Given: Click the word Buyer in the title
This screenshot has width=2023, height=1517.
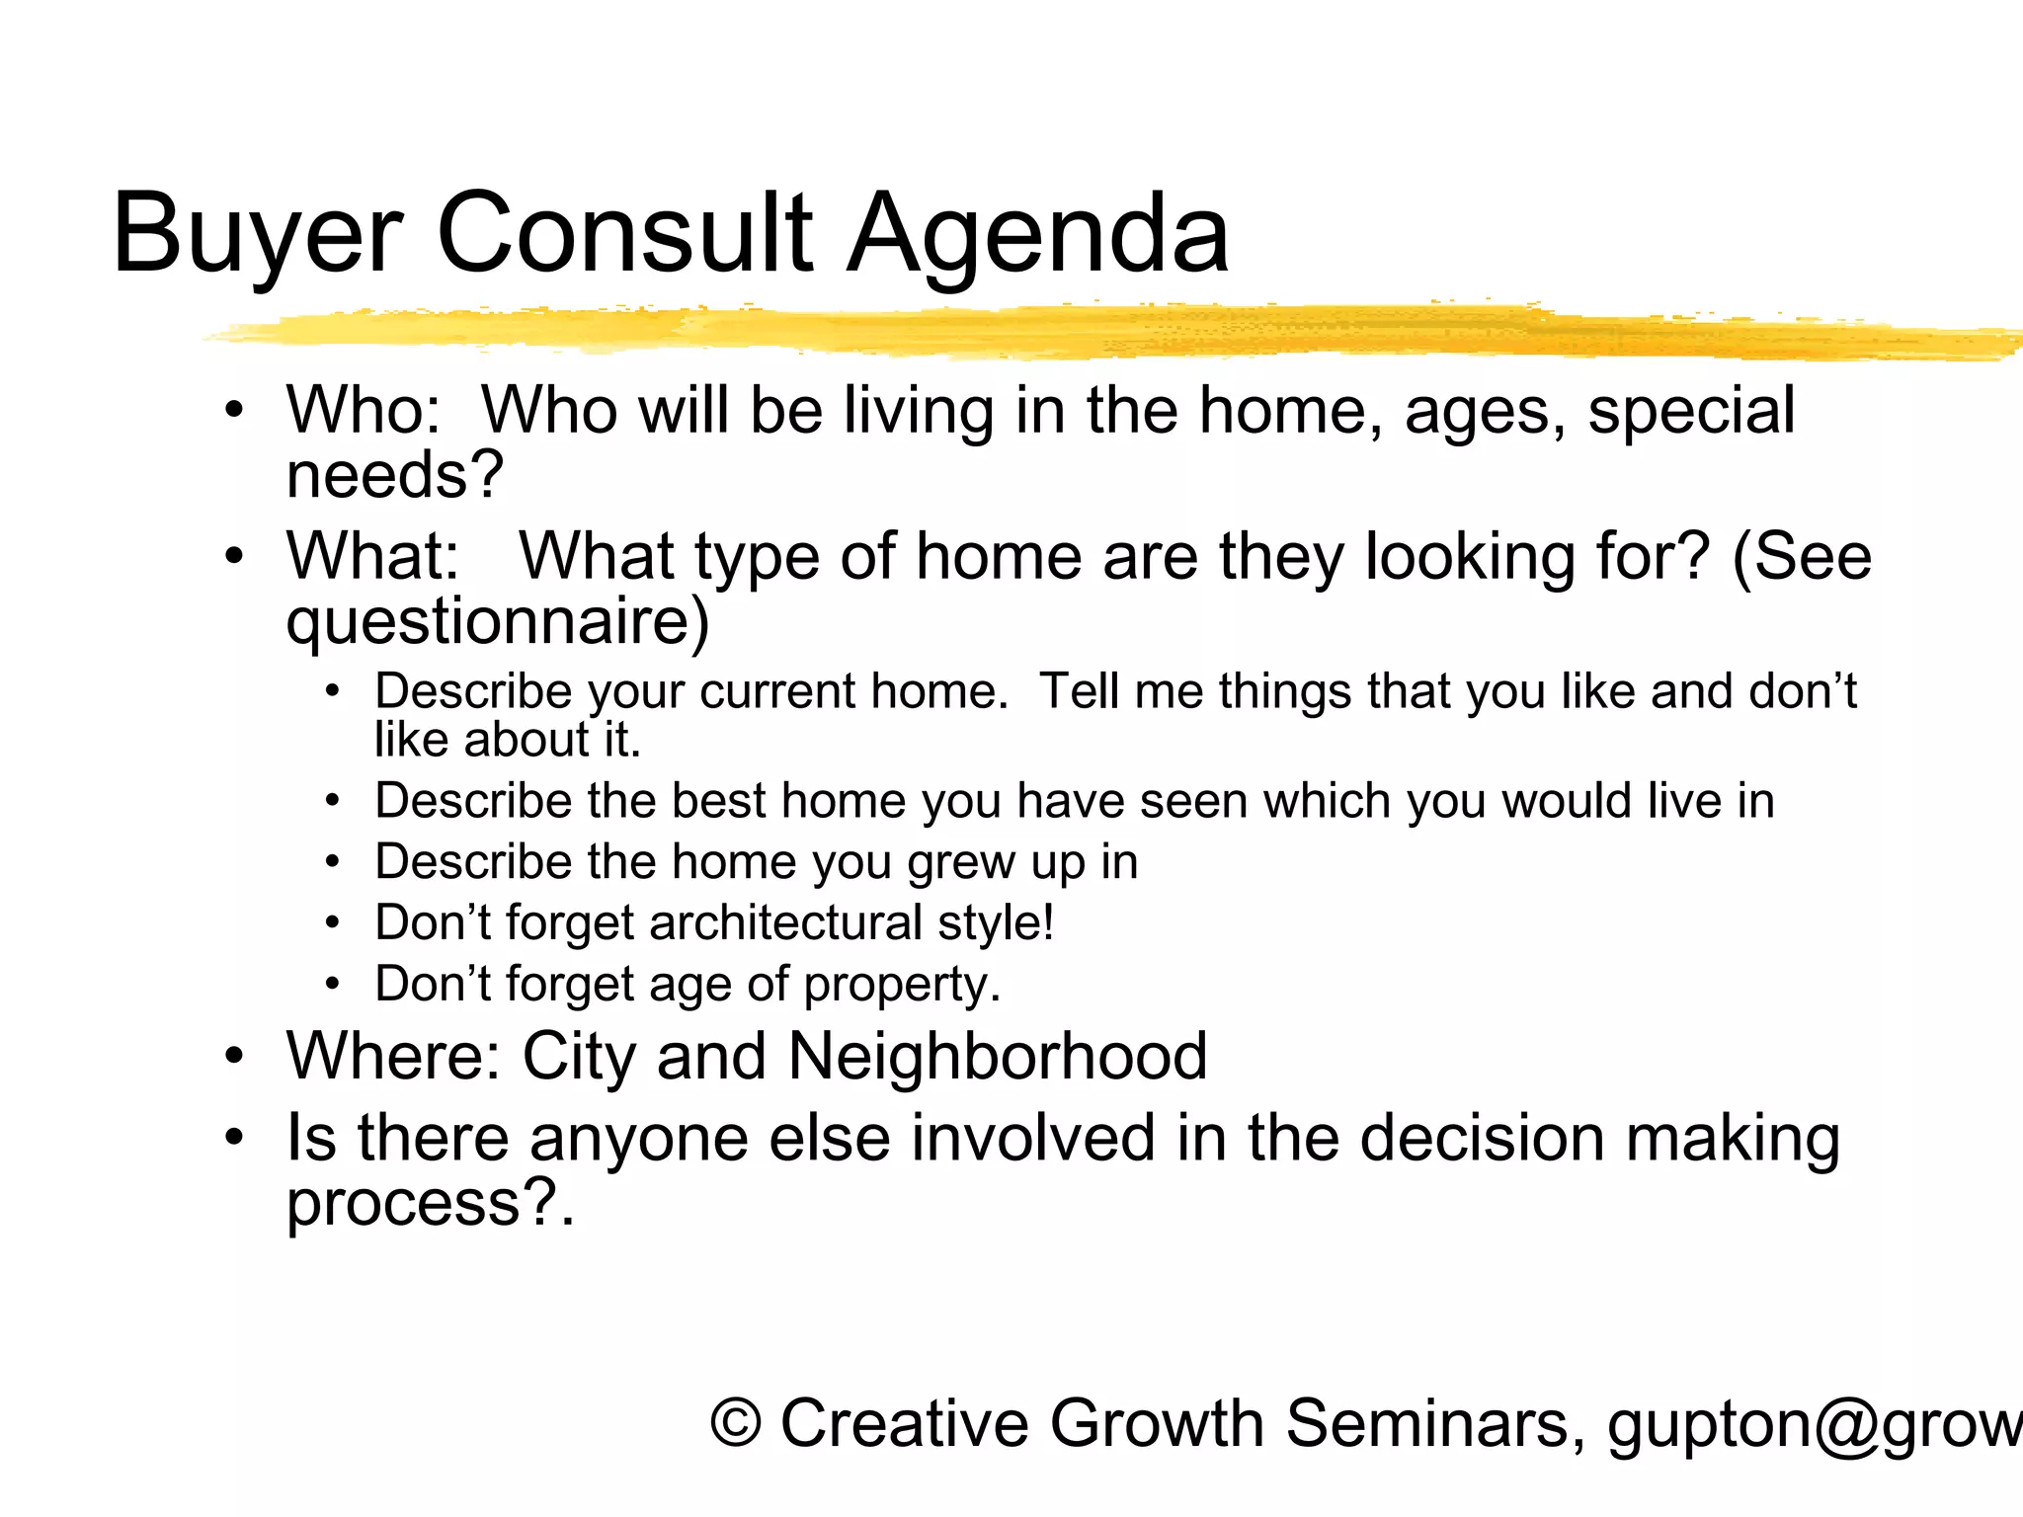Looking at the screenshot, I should click(x=257, y=235).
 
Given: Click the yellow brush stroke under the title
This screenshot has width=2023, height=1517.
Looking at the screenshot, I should click(x=1087, y=332).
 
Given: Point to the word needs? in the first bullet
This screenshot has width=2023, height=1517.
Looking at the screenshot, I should click(x=395, y=475).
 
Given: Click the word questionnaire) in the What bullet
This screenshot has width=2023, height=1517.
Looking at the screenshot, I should click(x=498, y=622).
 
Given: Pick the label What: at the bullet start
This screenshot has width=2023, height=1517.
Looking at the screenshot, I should click(x=373, y=556).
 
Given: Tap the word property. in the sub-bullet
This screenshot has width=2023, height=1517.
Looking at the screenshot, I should click(x=902, y=985).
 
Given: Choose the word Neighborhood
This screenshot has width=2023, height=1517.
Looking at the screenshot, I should click(x=998, y=1057).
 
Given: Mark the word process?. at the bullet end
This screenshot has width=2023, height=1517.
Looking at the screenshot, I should click(x=431, y=1204).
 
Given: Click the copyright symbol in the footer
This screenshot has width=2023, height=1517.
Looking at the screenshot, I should click(x=736, y=1424).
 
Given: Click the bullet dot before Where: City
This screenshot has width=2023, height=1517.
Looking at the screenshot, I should click(x=233, y=1057).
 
